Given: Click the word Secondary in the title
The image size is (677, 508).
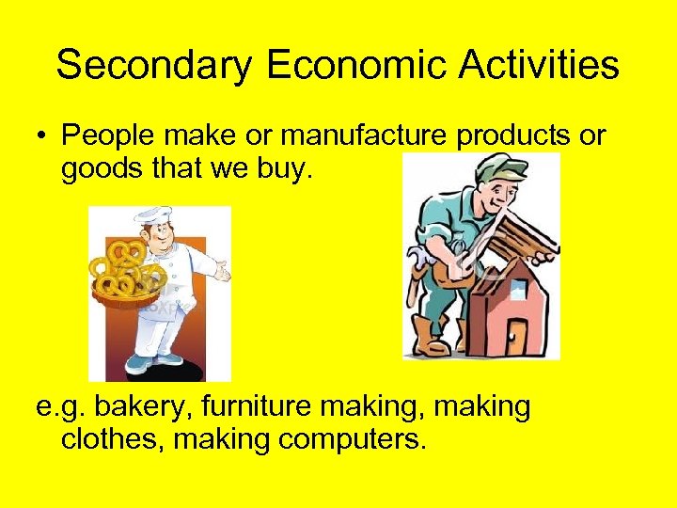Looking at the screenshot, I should click(154, 66).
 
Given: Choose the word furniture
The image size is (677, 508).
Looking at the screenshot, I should click(246, 409).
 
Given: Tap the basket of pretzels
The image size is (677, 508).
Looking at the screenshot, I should click(123, 276).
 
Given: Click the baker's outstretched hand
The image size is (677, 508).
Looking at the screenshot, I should click(221, 272).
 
